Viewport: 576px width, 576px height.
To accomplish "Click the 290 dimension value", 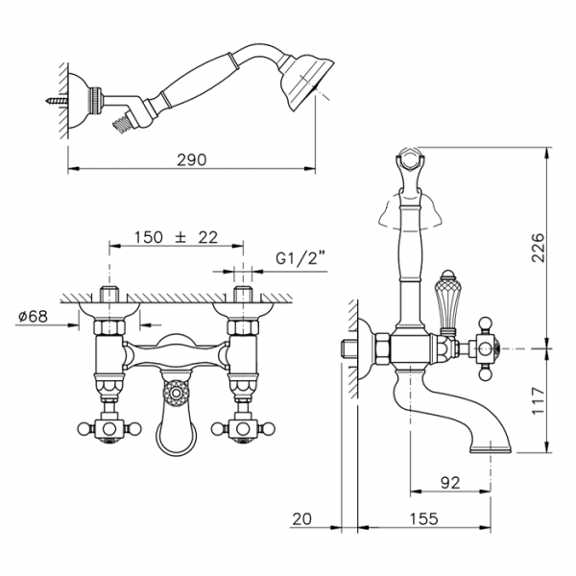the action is (192, 159).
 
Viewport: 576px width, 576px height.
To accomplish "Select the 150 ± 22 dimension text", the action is (176, 237).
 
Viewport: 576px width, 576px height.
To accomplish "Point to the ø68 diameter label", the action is (33, 316).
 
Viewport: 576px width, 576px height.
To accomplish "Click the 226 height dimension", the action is (539, 248).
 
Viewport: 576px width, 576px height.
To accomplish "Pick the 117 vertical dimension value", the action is (539, 400).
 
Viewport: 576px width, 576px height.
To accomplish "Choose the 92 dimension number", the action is (450, 483).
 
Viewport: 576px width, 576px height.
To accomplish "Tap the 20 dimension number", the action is (302, 518).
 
